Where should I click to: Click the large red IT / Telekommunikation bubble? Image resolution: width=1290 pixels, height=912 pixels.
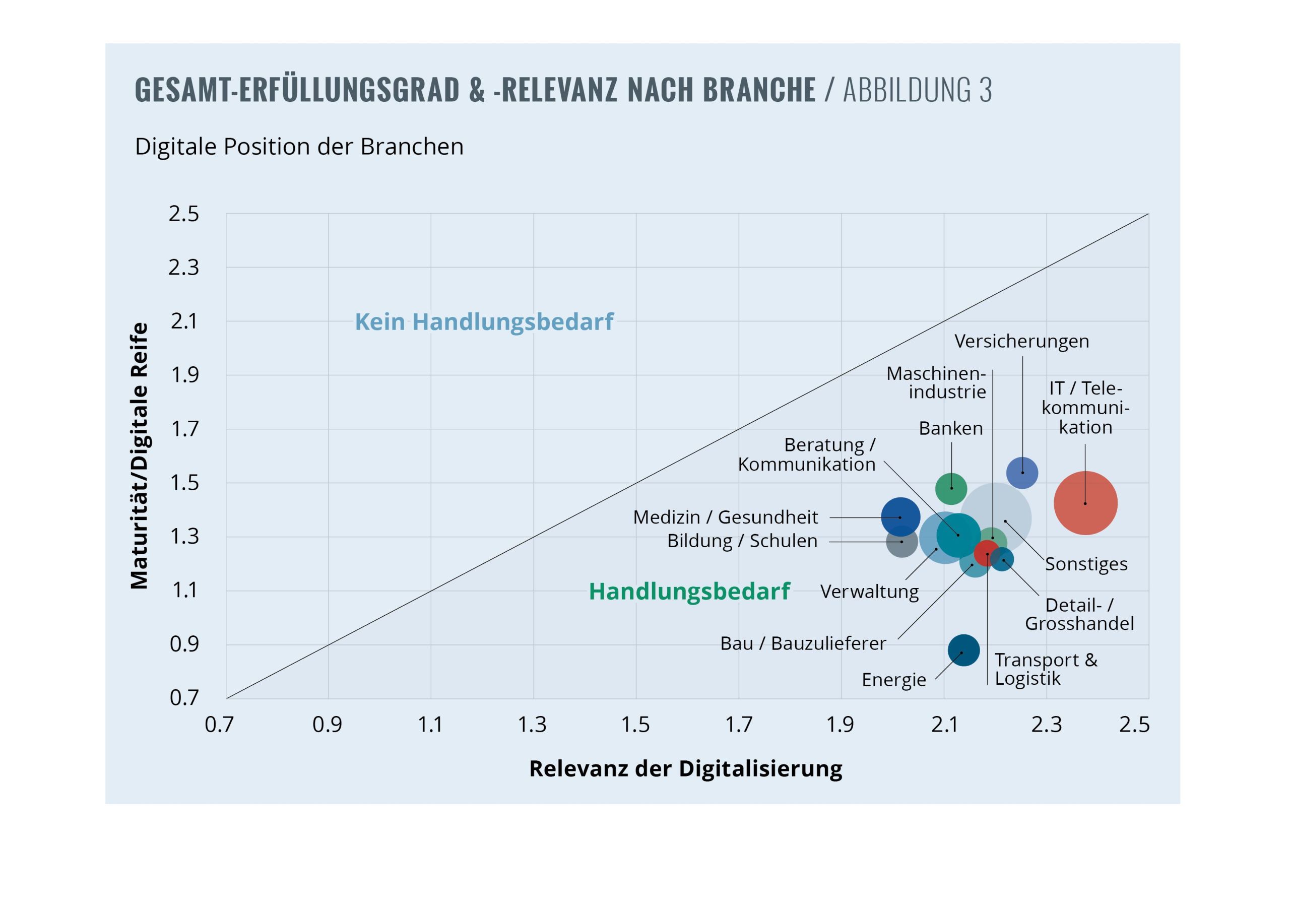coord(1085,502)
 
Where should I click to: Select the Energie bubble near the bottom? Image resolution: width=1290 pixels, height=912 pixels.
coord(963,650)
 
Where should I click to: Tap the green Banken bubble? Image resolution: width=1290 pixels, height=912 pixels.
coord(951,488)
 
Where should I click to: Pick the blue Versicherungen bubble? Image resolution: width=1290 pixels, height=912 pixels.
coord(1022,473)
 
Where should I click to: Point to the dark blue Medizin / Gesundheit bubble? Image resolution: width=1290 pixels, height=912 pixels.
coord(900,516)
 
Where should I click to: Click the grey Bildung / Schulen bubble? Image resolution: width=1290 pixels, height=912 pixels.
coord(901,542)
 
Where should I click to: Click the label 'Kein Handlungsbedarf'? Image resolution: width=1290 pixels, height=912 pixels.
coord(484,321)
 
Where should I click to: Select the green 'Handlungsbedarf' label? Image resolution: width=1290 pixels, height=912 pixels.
coord(689,591)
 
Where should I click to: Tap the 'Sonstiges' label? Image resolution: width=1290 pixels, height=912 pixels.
coord(1085,564)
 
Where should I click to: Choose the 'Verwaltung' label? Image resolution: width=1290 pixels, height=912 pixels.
coord(869,591)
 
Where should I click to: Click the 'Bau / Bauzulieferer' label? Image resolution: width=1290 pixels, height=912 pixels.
coord(803,643)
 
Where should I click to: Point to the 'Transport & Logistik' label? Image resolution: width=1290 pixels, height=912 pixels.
coord(1045,669)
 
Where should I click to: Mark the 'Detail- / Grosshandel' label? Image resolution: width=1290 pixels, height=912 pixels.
coord(1079,614)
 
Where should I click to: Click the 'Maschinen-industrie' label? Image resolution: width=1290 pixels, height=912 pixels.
coord(936,382)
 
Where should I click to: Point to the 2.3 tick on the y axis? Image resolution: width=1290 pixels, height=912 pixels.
coord(184,268)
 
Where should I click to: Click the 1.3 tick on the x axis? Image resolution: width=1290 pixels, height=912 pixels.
coord(532,725)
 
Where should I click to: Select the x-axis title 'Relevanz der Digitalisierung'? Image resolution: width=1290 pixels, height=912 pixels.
coord(685,768)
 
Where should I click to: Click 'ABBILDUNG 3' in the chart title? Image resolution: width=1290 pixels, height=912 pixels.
coord(917,90)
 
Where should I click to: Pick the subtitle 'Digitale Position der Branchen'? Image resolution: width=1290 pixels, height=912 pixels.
coord(299,147)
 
